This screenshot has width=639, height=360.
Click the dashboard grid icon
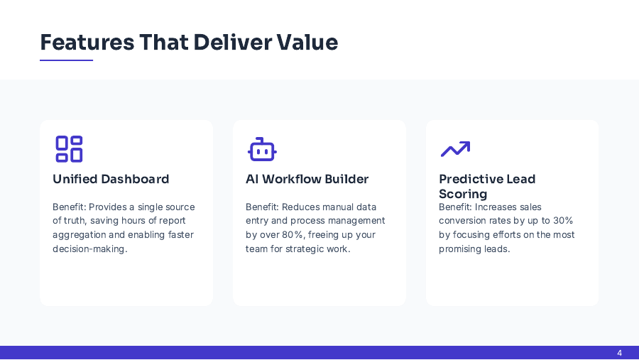pyautogui.click(x=69, y=149)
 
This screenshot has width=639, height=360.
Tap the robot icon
pyautogui.click(x=262, y=150)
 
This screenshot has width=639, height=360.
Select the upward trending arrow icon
pyautogui.click(x=455, y=148)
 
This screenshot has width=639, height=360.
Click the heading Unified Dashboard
pyautogui.click(x=111, y=179)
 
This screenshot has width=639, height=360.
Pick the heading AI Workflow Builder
pyautogui.click(x=307, y=179)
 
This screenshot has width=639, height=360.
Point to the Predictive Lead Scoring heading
pyautogui.click(x=487, y=186)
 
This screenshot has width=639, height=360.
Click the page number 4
pyautogui.click(x=619, y=353)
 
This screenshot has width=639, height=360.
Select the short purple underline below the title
pyautogui.click(x=66, y=60)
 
